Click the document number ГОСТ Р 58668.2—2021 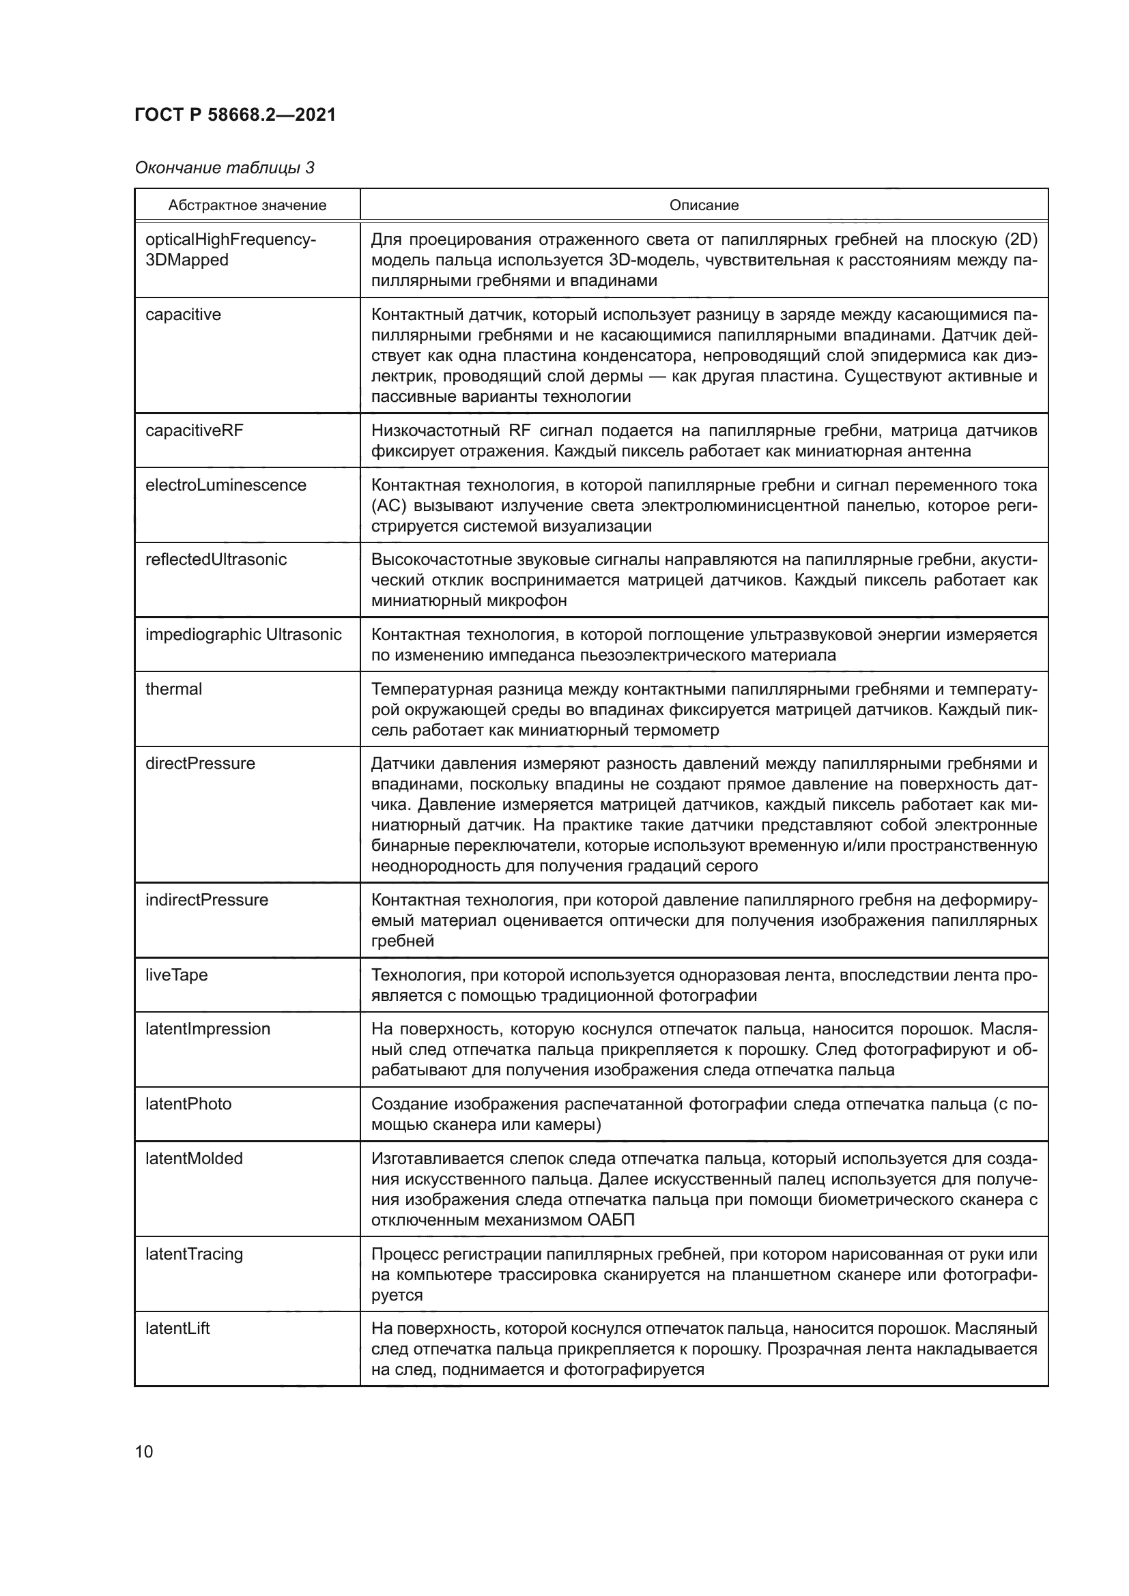click(x=235, y=115)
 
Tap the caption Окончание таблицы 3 click(x=225, y=169)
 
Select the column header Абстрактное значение click(x=247, y=206)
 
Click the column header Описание click(x=704, y=206)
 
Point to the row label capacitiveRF click(x=194, y=431)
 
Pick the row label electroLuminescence click(x=225, y=485)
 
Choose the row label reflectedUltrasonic click(x=216, y=560)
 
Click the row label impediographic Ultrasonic click(x=243, y=635)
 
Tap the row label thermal click(x=173, y=689)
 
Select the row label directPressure click(x=200, y=764)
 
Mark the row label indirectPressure click(x=206, y=900)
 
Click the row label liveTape click(x=177, y=974)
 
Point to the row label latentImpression click(x=208, y=1029)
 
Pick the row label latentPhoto click(x=188, y=1104)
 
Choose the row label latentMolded click(x=194, y=1159)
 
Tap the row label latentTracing click(x=194, y=1254)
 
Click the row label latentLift click(x=177, y=1329)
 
